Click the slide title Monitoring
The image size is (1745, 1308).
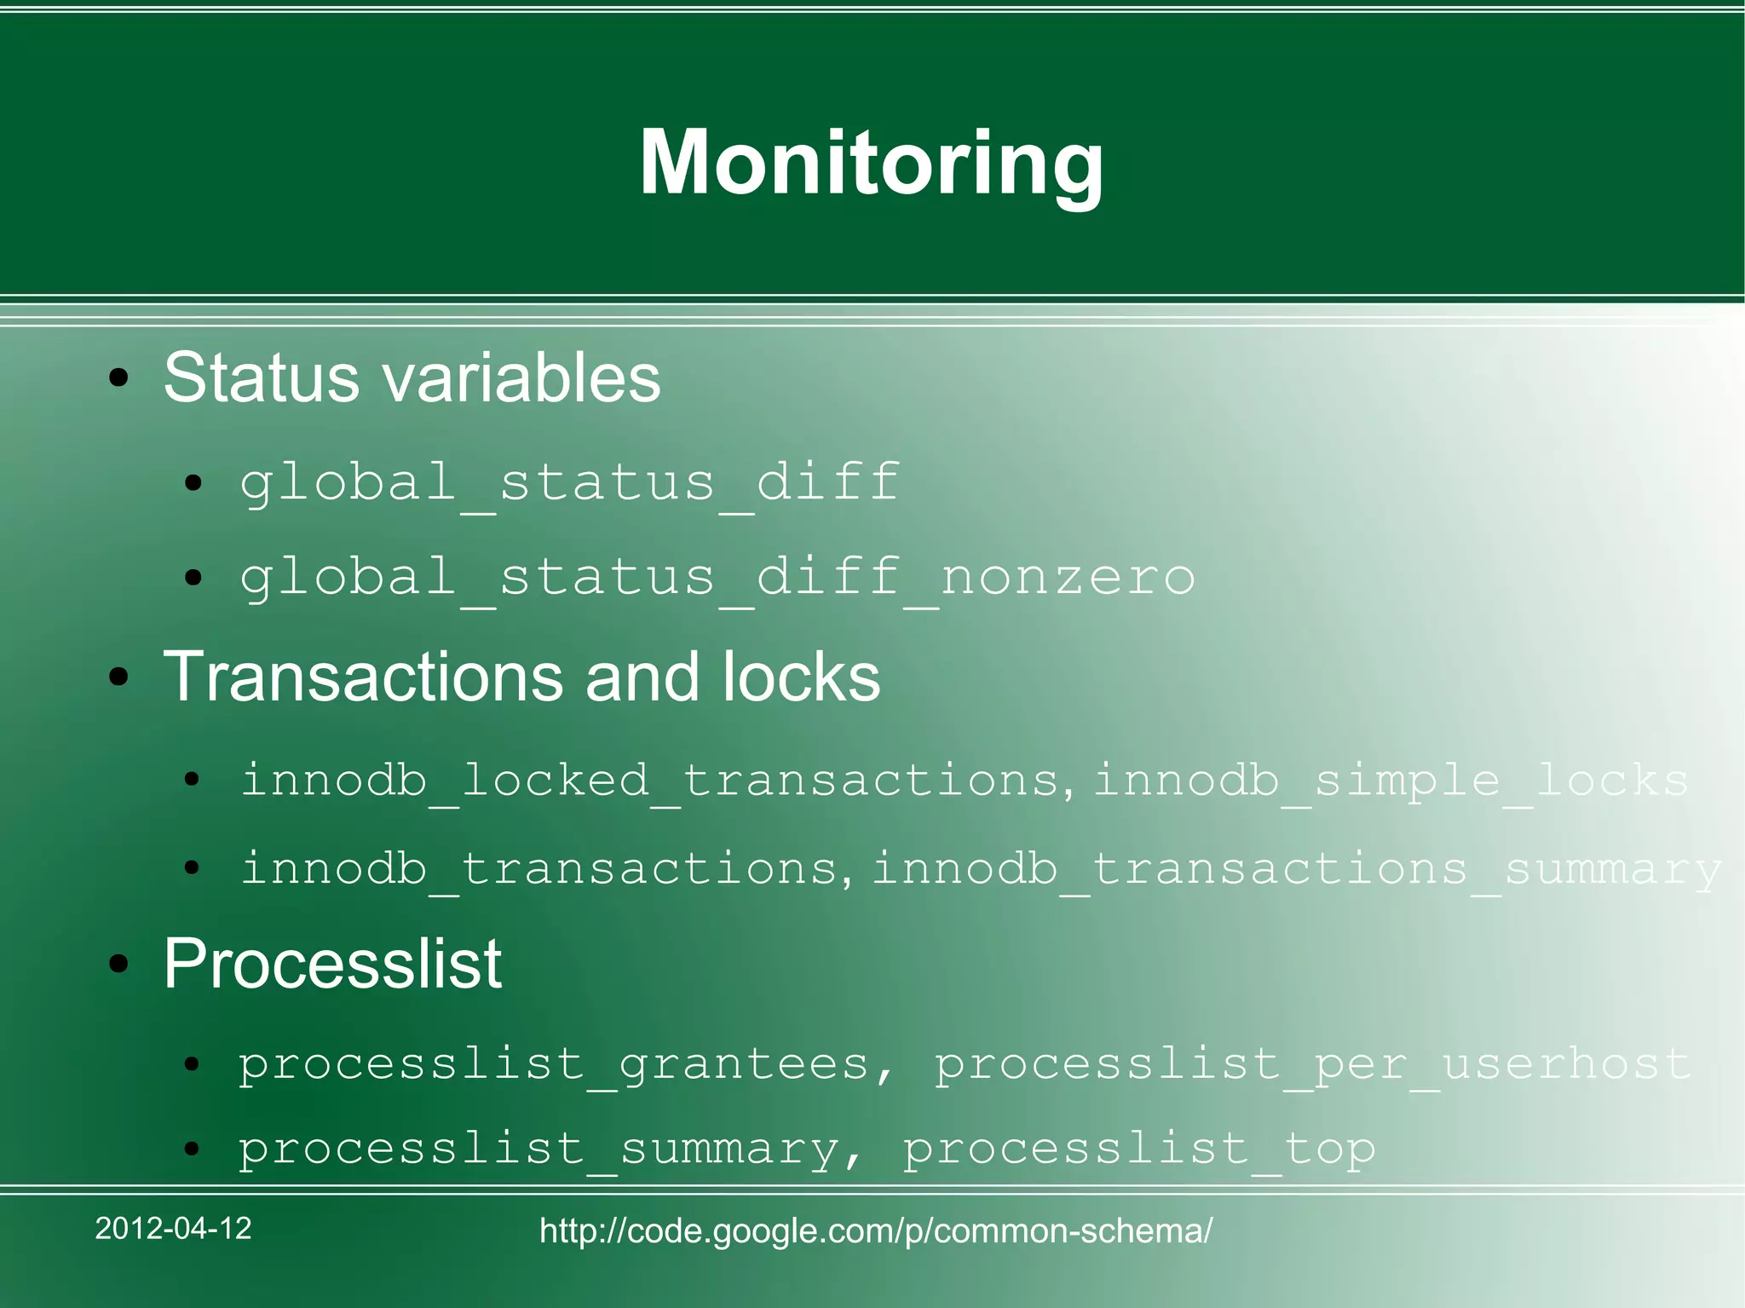point(871,164)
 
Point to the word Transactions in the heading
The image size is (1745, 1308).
point(363,677)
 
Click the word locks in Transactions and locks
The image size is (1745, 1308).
point(801,677)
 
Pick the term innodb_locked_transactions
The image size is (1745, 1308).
point(649,781)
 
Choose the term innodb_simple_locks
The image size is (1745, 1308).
point(1391,781)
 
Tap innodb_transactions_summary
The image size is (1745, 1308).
point(1296,869)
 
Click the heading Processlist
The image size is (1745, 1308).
point(332,964)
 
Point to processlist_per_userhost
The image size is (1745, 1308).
point(1312,1064)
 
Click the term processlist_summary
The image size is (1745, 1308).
point(538,1149)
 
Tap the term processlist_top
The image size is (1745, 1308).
point(1138,1149)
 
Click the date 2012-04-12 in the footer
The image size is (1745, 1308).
point(173,1229)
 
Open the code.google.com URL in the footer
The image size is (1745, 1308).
point(876,1231)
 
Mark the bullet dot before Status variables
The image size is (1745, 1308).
point(118,379)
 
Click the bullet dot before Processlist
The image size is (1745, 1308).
point(118,965)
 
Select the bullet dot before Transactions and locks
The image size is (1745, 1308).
point(118,678)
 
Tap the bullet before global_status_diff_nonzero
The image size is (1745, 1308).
point(193,579)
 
